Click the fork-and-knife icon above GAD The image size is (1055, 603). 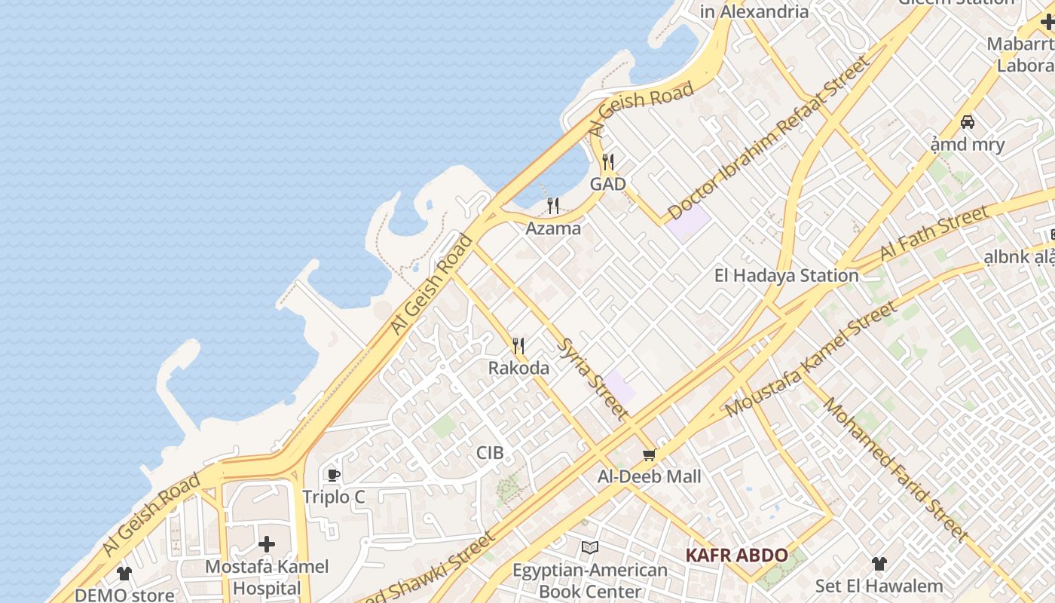click(x=608, y=161)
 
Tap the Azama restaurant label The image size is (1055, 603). click(x=553, y=228)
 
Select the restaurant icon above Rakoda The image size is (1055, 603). click(x=518, y=346)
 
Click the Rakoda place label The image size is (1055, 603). click(x=518, y=369)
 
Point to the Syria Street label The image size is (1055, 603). click(x=592, y=378)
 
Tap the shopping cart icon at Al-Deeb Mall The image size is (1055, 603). click(x=649, y=455)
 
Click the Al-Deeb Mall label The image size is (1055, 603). click(x=649, y=476)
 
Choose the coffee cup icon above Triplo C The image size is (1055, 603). click(x=333, y=475)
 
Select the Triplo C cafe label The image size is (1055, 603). click(x=333, y=497)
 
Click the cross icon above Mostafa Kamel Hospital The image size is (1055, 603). click(x=266, y=544)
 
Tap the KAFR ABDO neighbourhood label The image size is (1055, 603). click(x=736, y=556)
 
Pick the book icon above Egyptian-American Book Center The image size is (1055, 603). click(x=590, y=548)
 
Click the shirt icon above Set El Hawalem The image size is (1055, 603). click(x=879, y=564)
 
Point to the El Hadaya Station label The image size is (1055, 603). click(x=786, y=276)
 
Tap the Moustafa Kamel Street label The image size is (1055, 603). click(x=812, y=360)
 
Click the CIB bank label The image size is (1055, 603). click(x=490, y=453)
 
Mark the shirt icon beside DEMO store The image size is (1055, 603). click(x=124, y=574)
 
